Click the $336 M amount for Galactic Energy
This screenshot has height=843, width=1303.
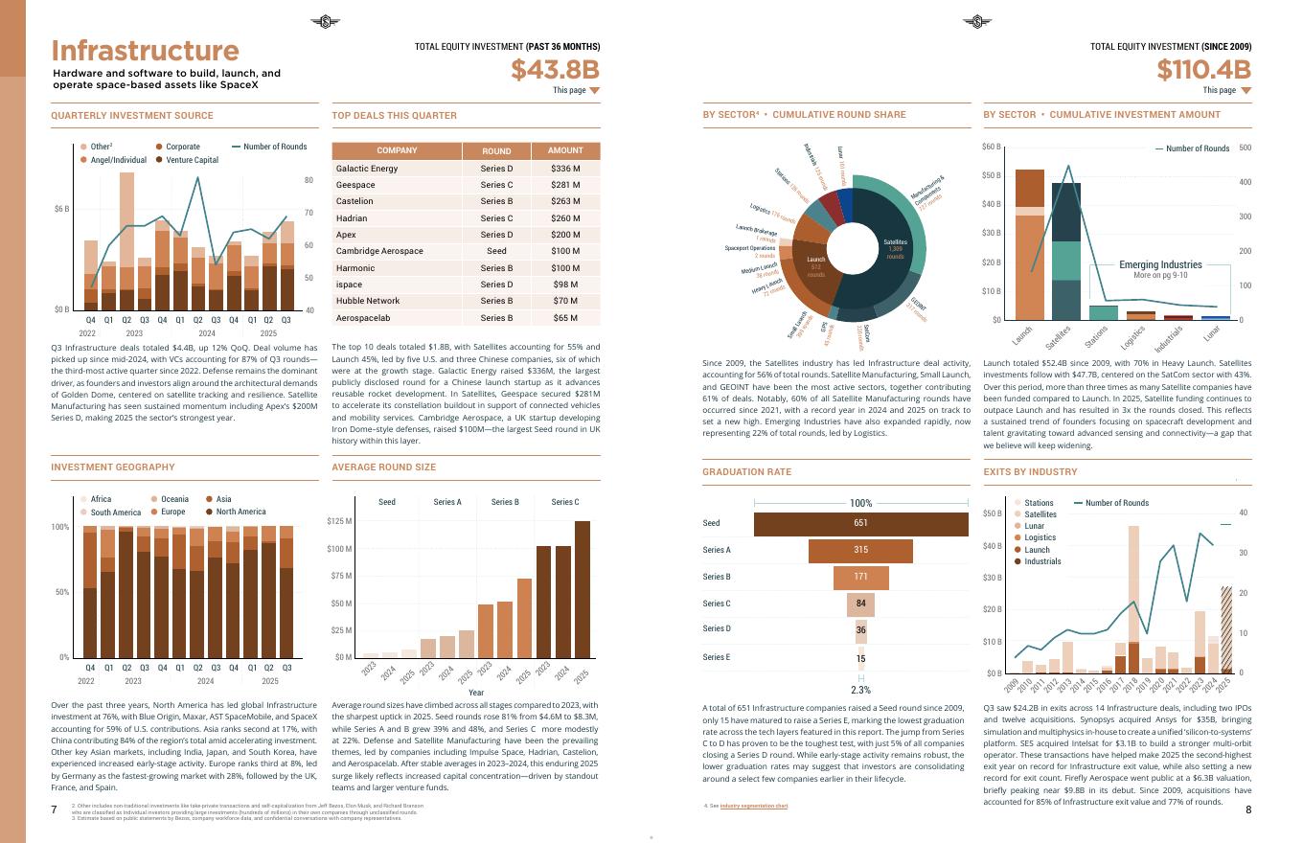click(565, 169)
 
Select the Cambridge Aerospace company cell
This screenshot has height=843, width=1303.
click(379, 251)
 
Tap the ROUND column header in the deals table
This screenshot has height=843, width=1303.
click(496, 150)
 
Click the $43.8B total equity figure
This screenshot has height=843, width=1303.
click(555, 70)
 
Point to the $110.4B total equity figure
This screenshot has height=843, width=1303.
click(1203, 70)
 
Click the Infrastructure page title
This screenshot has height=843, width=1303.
click(145, 51)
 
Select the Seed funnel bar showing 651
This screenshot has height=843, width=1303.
click(860, 523)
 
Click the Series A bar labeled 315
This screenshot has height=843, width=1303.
click(860, 550)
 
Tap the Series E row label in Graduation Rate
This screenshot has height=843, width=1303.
click(716, 657)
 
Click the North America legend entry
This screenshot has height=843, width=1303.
click(234, 512)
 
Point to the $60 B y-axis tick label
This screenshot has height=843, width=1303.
click(991, 148)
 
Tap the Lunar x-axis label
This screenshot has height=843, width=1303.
click(1212, 332)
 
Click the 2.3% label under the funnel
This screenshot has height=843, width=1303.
click(860, 690)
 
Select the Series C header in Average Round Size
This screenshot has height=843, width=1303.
click(564, 502)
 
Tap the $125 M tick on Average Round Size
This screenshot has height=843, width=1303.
click(339, 521)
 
